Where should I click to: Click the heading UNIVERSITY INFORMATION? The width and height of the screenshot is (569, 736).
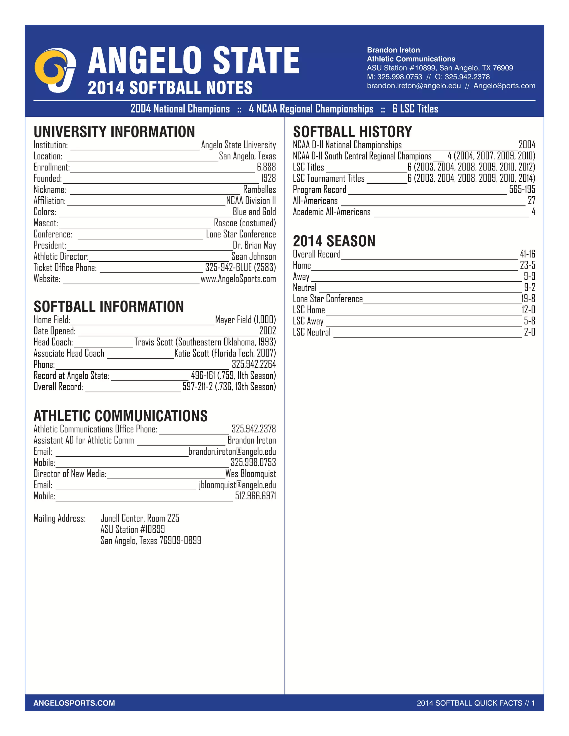[x=114, y=132]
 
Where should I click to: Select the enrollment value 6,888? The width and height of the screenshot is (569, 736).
[x=266, y=167]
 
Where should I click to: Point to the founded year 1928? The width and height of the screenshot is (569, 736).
[x=268, y=178]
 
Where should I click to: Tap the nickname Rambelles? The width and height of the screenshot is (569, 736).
[x=259, y=189]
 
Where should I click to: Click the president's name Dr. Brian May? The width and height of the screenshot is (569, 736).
[x=254, y=245]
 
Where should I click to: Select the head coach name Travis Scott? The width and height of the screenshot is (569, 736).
[x=154, y=342]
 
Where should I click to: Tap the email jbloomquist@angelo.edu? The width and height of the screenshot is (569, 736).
[x=237, y=485]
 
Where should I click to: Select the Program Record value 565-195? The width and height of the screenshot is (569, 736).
[x=522, y=189]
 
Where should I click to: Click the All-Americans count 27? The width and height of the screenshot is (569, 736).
[x=531, y=201]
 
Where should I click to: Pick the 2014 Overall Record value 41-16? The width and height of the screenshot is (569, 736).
[x=528, y=254]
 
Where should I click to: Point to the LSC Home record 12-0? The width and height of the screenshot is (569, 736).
[x=528, y=310]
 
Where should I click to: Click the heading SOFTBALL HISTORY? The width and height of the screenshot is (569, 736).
[x=352, y=132]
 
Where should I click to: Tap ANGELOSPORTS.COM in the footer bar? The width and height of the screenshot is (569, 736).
[x=74, y=703]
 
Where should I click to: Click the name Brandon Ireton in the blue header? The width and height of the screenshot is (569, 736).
[x=393, y=50]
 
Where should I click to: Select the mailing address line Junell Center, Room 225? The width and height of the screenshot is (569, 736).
[x=140, y=518]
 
